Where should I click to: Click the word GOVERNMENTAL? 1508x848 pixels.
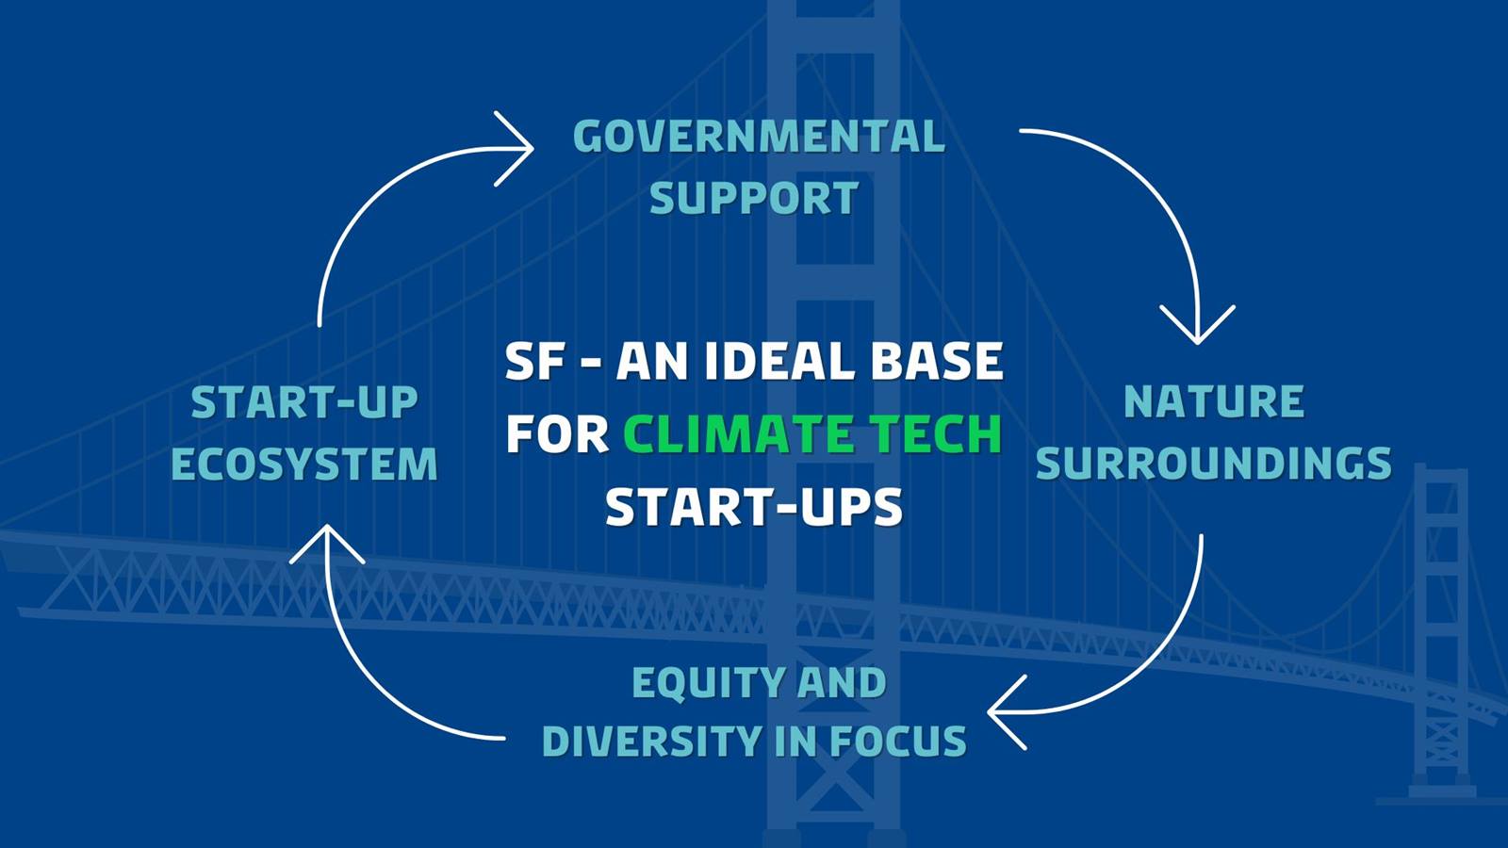[x=759, y=137]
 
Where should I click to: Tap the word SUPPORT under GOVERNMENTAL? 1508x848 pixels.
[x=754, y=198]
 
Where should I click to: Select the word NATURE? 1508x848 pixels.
[x=1214, y=401]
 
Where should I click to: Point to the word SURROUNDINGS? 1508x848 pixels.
[x=1213, y=463]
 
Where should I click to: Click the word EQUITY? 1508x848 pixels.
[x=706, y=683]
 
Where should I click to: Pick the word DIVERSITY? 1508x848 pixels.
[x=651, y=741]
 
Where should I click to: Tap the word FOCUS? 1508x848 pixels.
[x=898, y=741]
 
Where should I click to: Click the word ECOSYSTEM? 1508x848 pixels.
[x=304, y=464]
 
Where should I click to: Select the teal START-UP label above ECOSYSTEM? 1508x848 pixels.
[x=304, y=402]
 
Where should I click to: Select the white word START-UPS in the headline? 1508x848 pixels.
[x=754, y=507]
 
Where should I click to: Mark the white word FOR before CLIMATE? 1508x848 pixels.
[x=557, y=434]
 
